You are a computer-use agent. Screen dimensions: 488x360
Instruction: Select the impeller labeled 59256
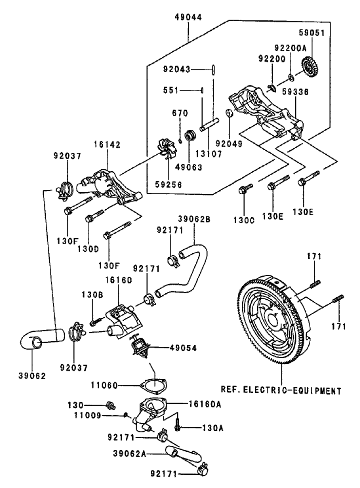(169, 148)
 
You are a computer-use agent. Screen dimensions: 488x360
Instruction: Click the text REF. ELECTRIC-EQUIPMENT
(281, 390)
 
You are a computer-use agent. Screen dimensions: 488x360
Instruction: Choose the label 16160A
(205, 404)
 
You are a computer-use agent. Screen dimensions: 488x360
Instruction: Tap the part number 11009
(86, 415)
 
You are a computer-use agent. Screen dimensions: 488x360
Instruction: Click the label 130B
(92, 296)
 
